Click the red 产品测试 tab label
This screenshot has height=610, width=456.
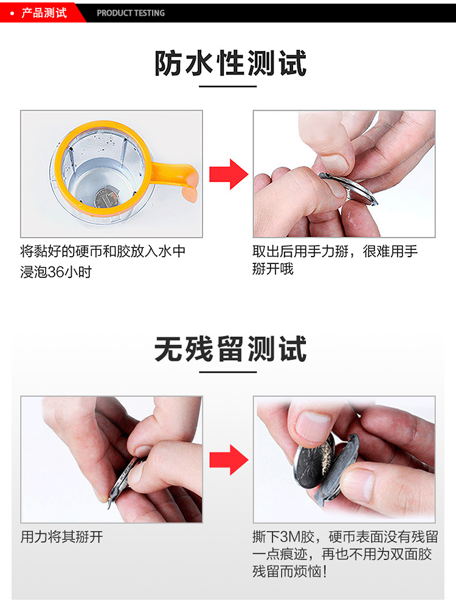[44, 13]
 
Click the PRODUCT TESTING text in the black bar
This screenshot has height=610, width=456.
[131, 13]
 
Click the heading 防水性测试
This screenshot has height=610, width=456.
[230, 63]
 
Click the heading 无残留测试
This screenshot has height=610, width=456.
[230, 349]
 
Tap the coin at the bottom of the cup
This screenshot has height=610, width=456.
[103, 198]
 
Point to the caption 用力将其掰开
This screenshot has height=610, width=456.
[61, 537]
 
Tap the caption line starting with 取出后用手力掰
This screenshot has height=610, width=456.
[335, 251]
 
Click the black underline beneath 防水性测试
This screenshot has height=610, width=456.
[228, 86]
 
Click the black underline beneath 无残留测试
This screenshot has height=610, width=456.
[228, 372]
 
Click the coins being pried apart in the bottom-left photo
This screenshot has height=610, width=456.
[125, 477]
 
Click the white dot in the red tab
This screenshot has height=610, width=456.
[12, 13]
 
